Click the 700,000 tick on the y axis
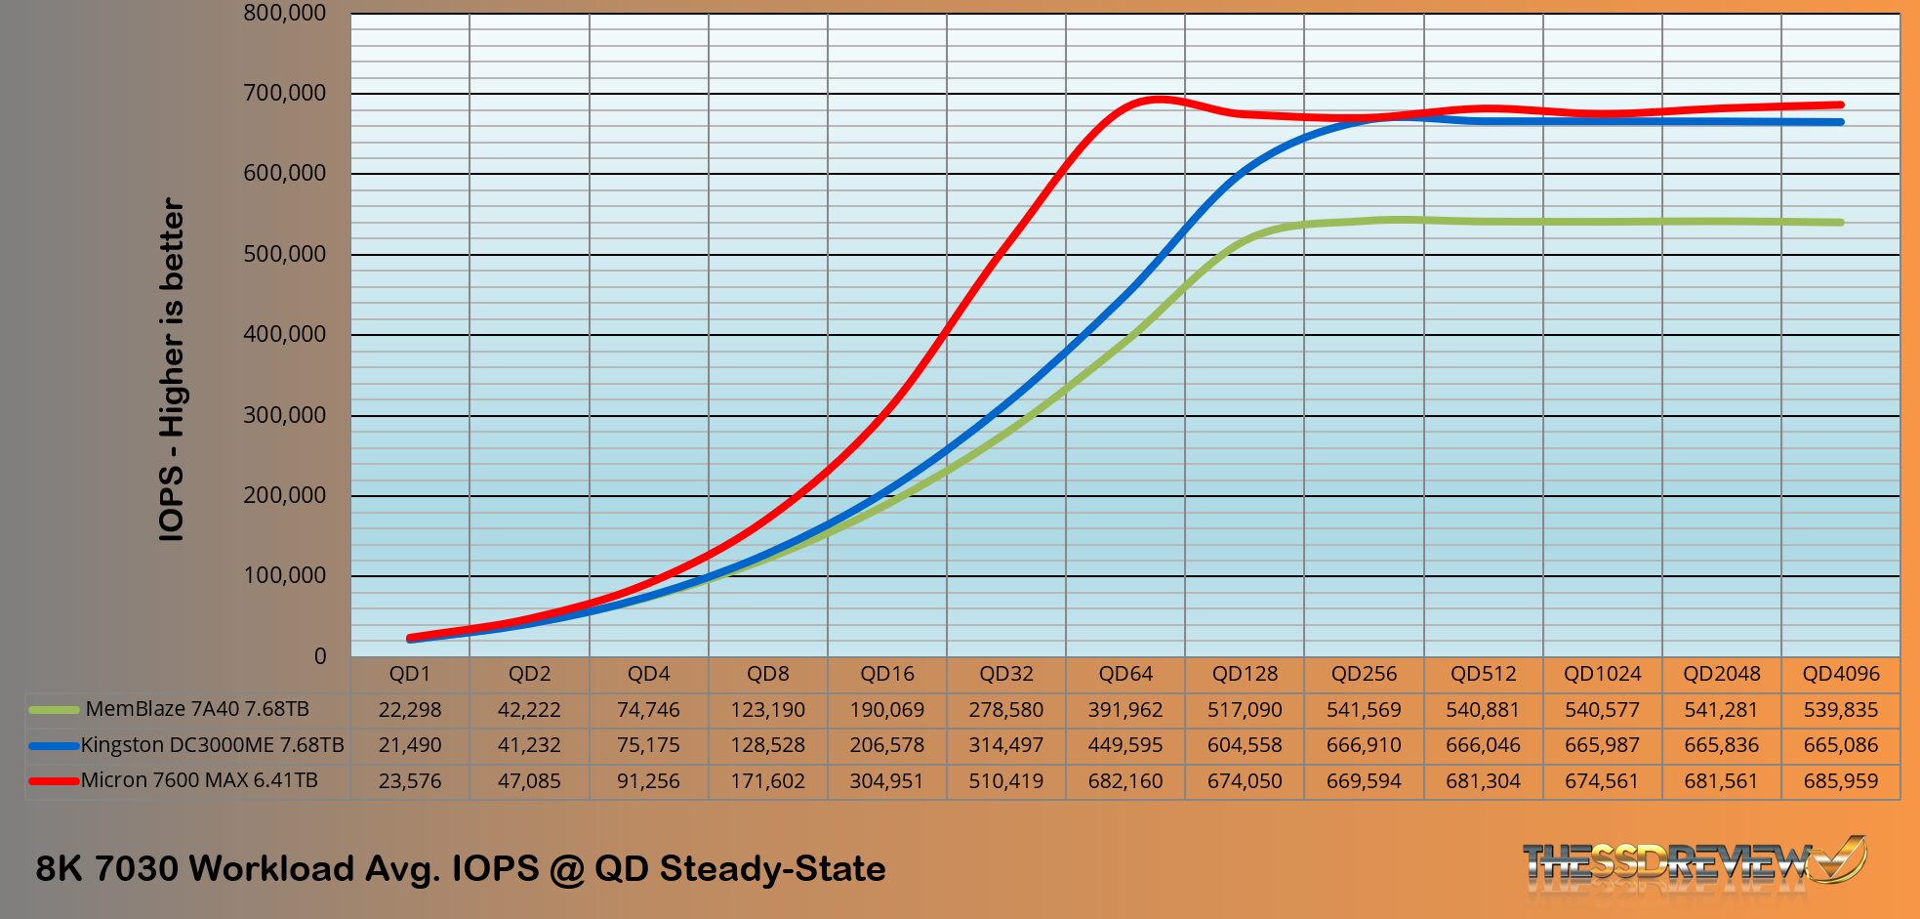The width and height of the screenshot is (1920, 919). pyautogui.click(x=284, y=94)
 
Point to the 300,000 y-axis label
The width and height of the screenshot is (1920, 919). pyautogui.click(x=284, y=415)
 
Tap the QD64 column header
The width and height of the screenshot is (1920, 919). pyautogui.click(x=1125, y=674)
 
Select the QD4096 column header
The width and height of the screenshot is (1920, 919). pyautogui.click(x=1840, y=674)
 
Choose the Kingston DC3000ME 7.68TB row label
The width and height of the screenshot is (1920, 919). pyautogui.click(x=212, y=745)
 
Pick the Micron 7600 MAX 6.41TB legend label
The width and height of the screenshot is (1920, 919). pyautogui.click(x=199, y=780)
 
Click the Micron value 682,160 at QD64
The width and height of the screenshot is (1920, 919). pyautogui.click(x=1125, y=781)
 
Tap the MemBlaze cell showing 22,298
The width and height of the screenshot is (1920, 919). pyautogui.click(x=410, y=710)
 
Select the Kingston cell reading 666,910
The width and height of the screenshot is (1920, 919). pyautogui.click(x=1364, y=745)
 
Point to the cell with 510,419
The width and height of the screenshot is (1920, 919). pyautogui.click(x=1005, y=781)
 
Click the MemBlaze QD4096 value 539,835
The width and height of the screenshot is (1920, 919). pyautogui.click(x=1840, y=710)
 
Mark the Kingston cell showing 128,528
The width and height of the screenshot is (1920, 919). pyautogui.click(x=767, y=745)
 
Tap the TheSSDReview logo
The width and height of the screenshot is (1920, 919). pyautogui.click(x=1694, y=862)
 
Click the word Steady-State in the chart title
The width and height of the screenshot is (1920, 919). pyautogui.click(x=772, y=868)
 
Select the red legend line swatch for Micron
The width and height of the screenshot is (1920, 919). pyautogui.click(x=54, y=781)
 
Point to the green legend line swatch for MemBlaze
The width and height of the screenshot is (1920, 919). pyautogui.click(x=54, y=710)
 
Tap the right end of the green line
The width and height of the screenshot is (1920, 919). pyautogui.click(x=1841, y=223)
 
